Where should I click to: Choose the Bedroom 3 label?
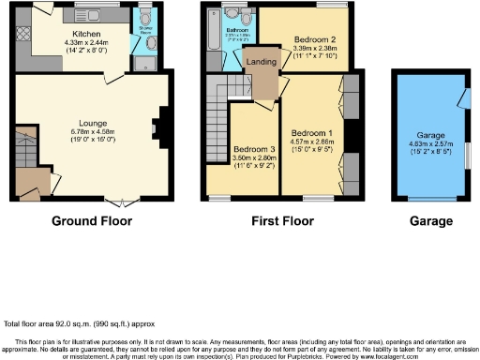tap(254, 151)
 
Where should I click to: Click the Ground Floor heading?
tap(91, 221)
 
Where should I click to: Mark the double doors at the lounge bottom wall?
tap(116, 202)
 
